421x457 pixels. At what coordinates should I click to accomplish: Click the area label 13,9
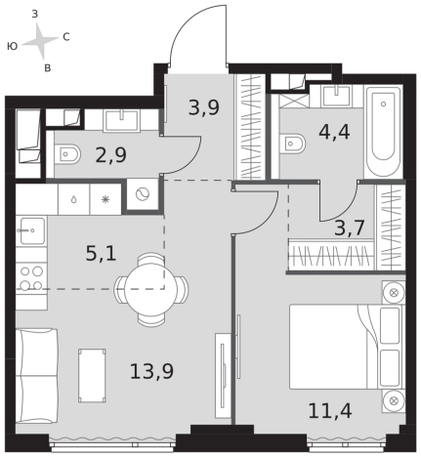(151, 372)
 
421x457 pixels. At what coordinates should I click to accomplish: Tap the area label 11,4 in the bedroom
(330, 411)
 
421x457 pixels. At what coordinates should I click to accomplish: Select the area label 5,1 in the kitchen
(101, 254)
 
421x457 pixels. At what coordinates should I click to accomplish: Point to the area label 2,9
(111, 155)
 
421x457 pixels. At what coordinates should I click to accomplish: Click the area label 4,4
(334, 132)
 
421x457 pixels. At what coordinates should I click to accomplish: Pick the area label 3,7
(350, 228)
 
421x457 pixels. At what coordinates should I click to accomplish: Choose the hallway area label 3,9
(204, 107)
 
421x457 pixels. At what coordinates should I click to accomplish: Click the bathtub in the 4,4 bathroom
(383, 131)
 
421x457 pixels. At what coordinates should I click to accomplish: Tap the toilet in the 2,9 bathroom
(66, 153)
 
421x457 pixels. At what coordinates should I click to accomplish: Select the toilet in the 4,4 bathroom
(292, 143)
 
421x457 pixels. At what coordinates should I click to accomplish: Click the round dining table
(151, 289)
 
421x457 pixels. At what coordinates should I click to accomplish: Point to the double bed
(347, 347)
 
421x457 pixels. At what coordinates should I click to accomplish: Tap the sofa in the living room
(36, 376)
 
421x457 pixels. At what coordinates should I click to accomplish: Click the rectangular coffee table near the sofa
(92, 375)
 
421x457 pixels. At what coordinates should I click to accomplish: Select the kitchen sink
(32, 231)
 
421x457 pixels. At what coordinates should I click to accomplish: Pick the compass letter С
(66, 37)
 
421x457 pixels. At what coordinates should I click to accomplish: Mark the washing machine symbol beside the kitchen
(143, 195)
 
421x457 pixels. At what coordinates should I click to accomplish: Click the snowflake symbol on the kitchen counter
(105, 199)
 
